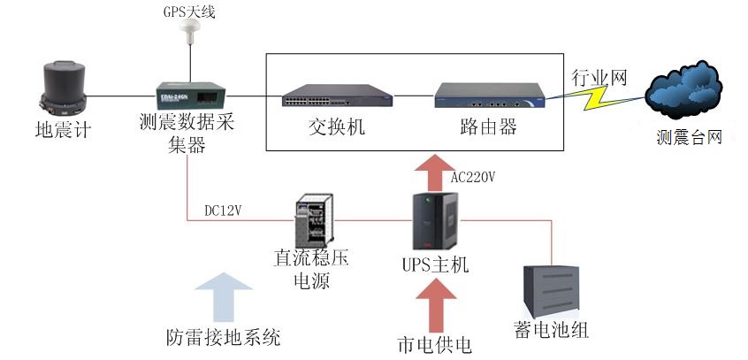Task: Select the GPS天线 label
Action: (x=189, y=12)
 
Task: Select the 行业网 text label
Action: (x=599, y=78)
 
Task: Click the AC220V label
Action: (x=473, y=177)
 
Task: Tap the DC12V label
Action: (x=226, y=211)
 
